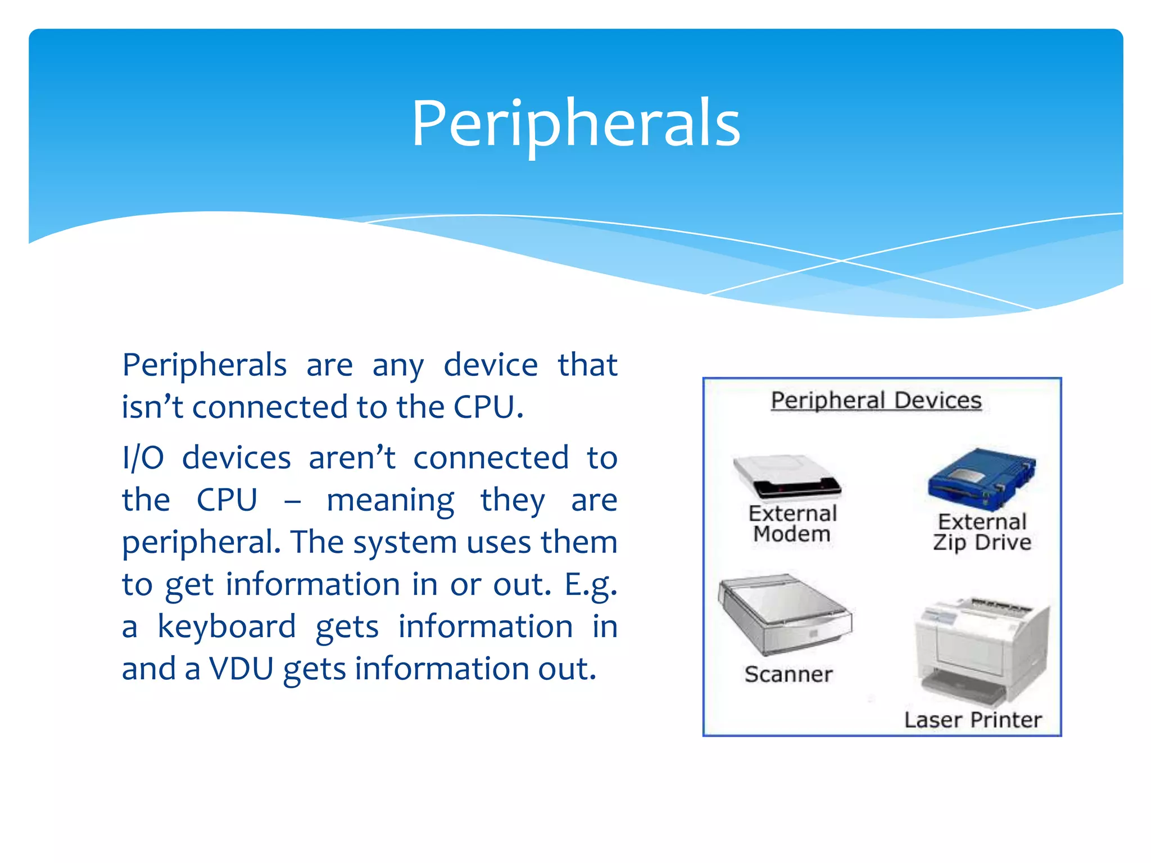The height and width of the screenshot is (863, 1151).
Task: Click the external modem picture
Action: coord(787,476)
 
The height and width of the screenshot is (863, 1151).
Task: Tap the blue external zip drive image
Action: coord(981,479)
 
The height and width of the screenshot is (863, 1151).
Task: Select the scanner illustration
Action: coord(785,615)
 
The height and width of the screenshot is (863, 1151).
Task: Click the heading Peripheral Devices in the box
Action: coord(876,401)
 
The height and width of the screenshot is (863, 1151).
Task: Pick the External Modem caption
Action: coord(792,524)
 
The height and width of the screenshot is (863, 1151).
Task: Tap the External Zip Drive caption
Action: coord(982,532)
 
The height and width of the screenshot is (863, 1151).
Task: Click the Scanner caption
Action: coord(789,674)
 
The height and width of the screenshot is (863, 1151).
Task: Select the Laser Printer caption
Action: coord(973,720)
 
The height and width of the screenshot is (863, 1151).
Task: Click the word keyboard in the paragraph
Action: coord(226,626)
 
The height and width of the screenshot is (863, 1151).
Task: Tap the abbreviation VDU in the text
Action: coord(241,669)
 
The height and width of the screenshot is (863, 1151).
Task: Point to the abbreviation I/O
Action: coord(143,457)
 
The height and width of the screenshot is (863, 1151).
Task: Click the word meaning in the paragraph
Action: coord(390,500)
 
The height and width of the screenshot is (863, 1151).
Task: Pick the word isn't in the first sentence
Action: coord(152,407)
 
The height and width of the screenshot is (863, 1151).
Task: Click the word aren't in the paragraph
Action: coord(352,457)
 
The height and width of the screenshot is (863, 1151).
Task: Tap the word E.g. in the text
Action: coord(591,585)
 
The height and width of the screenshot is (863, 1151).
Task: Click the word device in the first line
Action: coord(491,365)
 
